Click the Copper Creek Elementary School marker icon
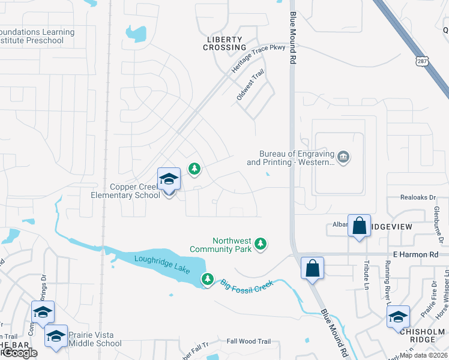pyautogui.click(x=169, y=179)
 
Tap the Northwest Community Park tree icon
pyautogui.click(x=261, y=243)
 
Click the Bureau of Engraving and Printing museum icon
pyautogui.click(x=344, y=158)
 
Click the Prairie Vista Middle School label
pyautogui.click(x=95, y=340)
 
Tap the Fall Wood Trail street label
pyautogui.click(x=249, y=341)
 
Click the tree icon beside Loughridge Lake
pyautogui.click(x=208, y=279)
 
